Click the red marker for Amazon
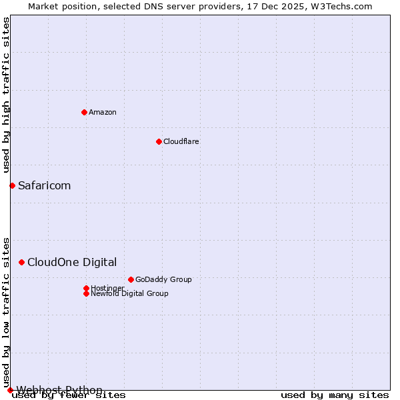[84, 112]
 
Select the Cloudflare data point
[159, 141]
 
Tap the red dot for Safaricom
[12, 185]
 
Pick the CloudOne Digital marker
[21, 263]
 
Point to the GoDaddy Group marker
[131, 279]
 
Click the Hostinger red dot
[86, 288]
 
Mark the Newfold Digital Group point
[86, 293]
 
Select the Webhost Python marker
[10, 390]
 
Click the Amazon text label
[103, 112]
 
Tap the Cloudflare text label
[181, 141]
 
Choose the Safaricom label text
[44, 185]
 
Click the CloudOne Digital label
[72, 263]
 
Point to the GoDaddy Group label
[163, 279]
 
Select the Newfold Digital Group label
[129, 293]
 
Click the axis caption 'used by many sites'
[335, 395]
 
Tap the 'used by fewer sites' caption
[69, 395]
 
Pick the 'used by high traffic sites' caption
[6, 95]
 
